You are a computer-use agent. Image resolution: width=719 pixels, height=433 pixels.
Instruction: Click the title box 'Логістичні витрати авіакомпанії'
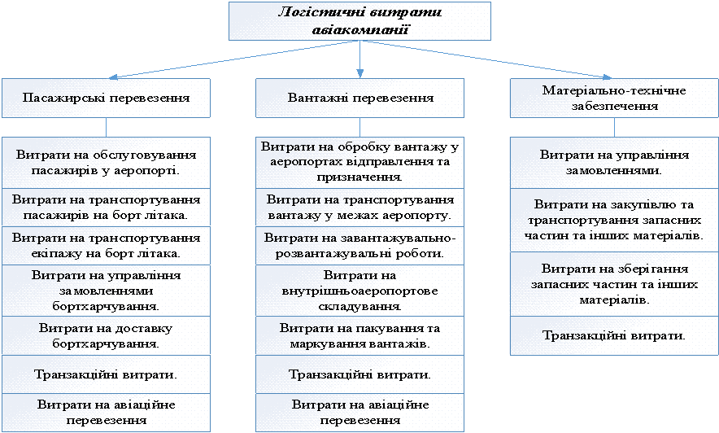359,20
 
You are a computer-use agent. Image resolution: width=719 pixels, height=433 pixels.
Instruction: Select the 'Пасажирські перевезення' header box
106,98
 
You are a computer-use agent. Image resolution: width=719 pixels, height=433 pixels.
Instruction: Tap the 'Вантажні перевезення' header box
359,98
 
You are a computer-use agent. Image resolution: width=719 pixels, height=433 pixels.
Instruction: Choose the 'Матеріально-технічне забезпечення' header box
614,98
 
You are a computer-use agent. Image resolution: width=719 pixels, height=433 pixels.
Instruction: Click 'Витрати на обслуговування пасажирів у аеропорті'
106,162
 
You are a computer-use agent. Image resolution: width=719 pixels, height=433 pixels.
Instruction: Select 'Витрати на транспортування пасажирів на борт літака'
106,207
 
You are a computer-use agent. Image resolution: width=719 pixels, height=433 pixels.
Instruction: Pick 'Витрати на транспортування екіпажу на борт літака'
106,245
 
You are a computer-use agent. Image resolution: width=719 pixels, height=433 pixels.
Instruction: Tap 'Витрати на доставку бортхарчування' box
106,335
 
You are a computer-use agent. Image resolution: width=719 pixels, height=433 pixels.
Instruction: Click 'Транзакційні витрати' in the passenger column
106,374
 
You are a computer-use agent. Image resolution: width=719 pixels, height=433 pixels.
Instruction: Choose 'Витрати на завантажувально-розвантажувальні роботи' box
359,245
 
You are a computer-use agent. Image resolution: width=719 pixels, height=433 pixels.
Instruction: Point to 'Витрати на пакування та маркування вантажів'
359,335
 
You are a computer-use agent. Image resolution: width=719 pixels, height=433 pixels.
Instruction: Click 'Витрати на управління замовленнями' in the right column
614,162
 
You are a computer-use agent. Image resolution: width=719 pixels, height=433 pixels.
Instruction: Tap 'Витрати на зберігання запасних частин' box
614,283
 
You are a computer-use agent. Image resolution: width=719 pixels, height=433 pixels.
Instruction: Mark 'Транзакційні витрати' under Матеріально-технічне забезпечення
614,335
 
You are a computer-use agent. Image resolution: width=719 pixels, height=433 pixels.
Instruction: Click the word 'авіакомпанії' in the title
359,30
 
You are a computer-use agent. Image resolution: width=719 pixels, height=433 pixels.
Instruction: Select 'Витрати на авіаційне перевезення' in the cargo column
359,413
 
